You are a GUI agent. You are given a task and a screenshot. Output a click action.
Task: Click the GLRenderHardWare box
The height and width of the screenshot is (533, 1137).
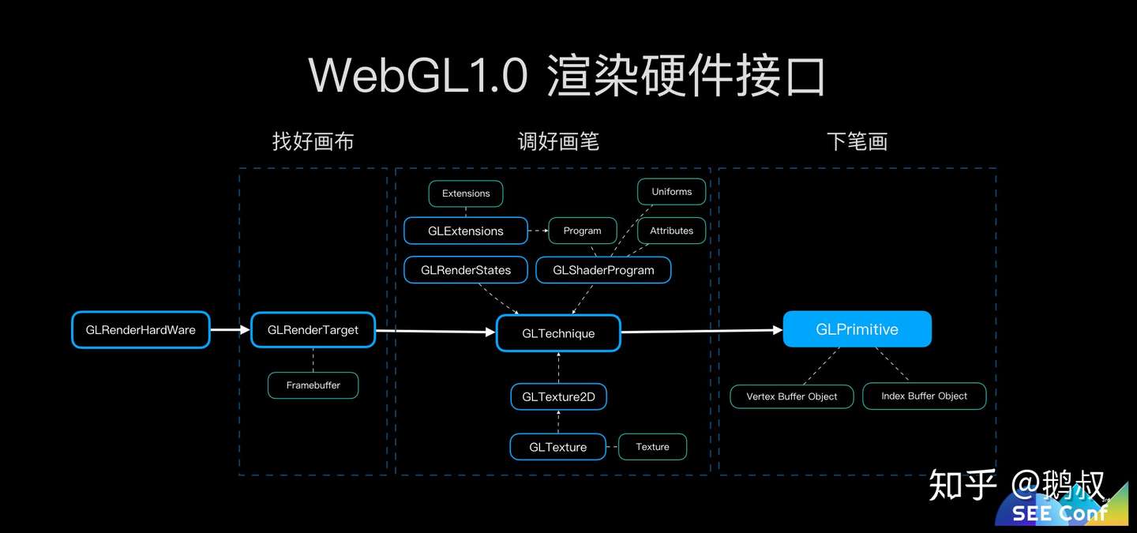141,330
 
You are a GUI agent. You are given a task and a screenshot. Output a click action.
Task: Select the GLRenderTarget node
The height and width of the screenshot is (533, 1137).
313,330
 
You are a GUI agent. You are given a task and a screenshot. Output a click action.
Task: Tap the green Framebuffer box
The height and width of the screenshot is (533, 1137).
313,385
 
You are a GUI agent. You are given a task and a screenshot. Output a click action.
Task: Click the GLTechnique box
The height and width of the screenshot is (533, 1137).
558,333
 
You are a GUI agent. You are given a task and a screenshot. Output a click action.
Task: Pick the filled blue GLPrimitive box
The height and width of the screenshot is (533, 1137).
857,329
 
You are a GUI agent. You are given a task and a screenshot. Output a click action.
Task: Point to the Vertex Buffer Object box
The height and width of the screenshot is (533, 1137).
791,396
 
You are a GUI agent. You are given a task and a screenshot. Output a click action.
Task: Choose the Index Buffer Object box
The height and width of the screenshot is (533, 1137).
924,396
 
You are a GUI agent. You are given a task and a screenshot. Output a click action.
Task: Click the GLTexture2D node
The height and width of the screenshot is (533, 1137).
558,396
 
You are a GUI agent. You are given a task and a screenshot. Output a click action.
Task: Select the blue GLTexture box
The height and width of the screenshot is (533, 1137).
558,447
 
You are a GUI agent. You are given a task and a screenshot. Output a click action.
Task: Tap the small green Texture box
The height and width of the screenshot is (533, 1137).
652,447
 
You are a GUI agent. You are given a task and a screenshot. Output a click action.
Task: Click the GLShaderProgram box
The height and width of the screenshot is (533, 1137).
603,270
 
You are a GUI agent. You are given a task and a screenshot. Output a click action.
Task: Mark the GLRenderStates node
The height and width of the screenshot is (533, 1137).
466,270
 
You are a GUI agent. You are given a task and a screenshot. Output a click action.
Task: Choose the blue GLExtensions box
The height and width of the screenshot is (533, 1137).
466,231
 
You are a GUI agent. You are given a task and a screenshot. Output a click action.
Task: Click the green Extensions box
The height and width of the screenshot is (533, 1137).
466,193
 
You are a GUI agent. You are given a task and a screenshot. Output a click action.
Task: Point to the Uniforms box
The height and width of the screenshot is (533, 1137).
671,192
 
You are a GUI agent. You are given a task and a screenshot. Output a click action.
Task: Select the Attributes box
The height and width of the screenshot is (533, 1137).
671,231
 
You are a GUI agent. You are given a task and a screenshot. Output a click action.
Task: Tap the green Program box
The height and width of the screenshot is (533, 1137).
583,231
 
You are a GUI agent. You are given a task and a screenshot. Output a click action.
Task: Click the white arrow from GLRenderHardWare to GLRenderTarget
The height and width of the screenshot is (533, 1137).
231,330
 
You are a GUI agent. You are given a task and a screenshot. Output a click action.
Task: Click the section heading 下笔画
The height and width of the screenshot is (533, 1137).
857,142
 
